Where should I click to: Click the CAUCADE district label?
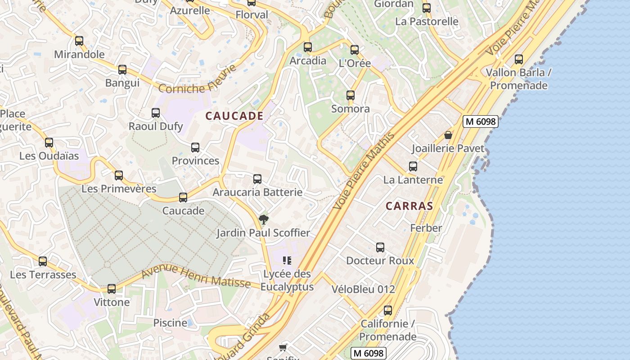234,116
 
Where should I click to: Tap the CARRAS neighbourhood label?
409,206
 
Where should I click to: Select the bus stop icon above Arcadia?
308,47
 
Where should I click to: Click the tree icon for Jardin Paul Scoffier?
264,220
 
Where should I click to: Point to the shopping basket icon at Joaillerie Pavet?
448,135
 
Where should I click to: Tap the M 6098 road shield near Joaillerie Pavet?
480,121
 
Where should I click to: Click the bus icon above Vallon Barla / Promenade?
519,59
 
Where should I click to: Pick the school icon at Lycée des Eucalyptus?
287,261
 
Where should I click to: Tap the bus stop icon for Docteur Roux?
380,247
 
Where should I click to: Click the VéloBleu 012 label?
363,289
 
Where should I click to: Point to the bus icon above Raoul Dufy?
156,113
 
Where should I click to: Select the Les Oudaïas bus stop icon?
49,143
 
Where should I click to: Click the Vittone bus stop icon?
112,289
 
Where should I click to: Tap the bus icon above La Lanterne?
413,166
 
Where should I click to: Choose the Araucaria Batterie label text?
257,193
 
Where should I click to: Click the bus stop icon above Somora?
351,95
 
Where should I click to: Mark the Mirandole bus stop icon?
79,41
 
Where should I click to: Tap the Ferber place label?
426,228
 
